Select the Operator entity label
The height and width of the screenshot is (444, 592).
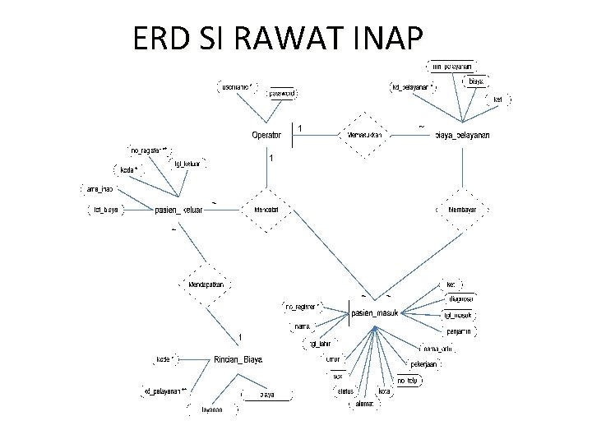tap(266, 135)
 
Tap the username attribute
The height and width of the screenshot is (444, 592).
tap(237, 86)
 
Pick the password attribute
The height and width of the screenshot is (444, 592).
tap(282, 93)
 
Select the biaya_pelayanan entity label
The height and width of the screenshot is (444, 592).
tap(461, 135)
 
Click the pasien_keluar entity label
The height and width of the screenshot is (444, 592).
tap(179, 210)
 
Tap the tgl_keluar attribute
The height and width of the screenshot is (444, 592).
tap(187, 163)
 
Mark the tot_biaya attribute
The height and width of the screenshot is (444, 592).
tap(104, 209)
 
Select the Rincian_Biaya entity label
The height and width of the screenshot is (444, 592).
tap(238, 359)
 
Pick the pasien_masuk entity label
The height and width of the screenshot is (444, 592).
tap(375, 313)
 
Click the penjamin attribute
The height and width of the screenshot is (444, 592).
tap(459, 331)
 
